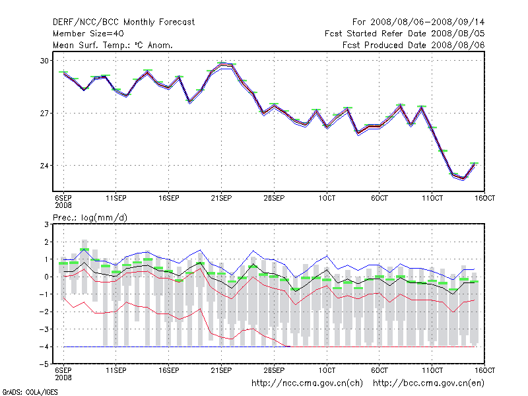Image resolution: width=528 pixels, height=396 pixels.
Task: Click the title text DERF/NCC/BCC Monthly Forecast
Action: [x=123, y=22]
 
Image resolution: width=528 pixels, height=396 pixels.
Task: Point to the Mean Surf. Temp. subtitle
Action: [x=113, y=45]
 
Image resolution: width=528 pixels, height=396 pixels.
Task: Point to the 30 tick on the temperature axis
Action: [x=45, y=61]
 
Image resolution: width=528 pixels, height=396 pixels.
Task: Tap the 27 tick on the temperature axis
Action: [x=45, y=113]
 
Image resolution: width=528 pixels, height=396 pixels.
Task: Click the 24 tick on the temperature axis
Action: [x=45, y=166]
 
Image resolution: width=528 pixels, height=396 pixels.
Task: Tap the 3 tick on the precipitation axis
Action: [x=47, y=224]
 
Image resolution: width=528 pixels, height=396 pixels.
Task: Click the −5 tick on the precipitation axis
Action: [x=45, y=364]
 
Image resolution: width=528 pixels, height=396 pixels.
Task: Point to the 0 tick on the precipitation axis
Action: [x=47, y=277]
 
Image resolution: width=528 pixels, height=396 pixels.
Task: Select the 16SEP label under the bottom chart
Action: [x=168, y=370]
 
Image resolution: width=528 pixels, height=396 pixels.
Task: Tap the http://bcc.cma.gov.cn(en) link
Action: [x=430, y=383]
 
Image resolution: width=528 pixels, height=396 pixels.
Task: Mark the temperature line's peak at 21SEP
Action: [x=222, y=64]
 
